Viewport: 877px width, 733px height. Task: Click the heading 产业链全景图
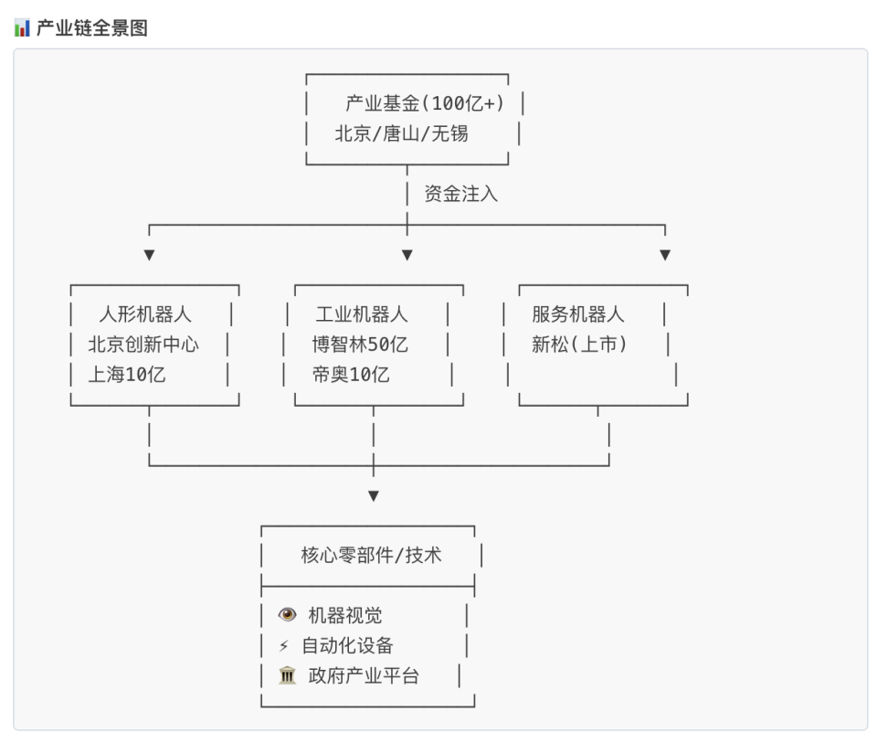click(x=91, y=28)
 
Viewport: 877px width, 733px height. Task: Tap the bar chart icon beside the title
click(x=22, y=28)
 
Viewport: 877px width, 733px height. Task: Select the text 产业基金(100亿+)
click(x=425, y=103)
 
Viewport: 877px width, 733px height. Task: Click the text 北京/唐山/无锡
click(x=401, y=133)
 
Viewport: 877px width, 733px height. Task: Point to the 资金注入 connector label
click(x=461, y=194)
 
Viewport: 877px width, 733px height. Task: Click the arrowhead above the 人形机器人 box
click(x=149, y=255)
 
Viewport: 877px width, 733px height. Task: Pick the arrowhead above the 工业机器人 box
click(x=407, y=255)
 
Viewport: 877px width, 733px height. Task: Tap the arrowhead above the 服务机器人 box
click(x=665, y=255)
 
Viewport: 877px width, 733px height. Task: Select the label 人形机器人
click(x=145, y=314)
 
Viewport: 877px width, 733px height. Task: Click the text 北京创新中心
click(x=143, y=345)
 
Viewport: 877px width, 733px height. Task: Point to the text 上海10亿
click(x=127, y=374)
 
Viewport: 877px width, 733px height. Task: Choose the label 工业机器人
click(x=362, y=314)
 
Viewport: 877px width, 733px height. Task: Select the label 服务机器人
click(x=578, y=314)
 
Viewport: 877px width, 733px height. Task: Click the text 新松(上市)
click(x=579, y=345)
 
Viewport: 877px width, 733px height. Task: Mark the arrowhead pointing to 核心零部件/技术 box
click(x=373, y=496)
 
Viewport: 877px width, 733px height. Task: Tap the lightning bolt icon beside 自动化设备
click(x=284, y=646)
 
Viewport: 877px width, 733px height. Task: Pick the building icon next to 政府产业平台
click(x=287, y=676)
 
